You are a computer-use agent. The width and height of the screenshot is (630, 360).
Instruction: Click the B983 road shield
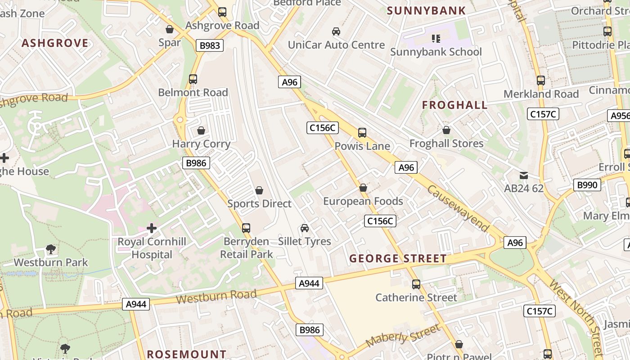tap(210, 45)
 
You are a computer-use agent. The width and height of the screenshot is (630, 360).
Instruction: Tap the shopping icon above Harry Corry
tap(201, 130)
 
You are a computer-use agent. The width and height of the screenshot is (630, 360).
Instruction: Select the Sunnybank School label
tap(436, 52)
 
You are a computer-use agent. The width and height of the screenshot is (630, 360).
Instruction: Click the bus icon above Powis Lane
tap(362, 133)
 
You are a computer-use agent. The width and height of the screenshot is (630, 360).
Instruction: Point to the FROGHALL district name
tap(454, 105)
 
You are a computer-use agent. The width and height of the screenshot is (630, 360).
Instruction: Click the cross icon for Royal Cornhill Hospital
tap(152, 228)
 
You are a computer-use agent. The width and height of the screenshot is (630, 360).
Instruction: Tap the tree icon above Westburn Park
tap(51, 249)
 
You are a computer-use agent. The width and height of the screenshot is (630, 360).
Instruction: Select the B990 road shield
tap(587, 185)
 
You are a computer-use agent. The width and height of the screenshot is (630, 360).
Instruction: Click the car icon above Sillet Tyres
tap(305, 228)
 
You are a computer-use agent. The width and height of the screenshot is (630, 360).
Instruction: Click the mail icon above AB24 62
tap(524, 175)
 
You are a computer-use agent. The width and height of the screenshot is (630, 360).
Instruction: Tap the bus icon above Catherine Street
tap(416, 284)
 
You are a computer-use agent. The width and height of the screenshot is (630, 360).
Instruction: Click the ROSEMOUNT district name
tap(186, 354)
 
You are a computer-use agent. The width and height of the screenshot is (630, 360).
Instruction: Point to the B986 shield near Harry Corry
tap(196, 163)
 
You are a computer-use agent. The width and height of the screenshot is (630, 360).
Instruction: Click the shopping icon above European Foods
tap(363, 188)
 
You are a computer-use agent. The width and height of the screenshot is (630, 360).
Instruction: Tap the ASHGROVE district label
tap(55, 43)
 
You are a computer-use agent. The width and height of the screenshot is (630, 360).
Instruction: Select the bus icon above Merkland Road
tap(541, 81)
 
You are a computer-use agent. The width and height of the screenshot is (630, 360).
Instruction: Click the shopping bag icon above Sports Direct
tap(259, 190)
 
